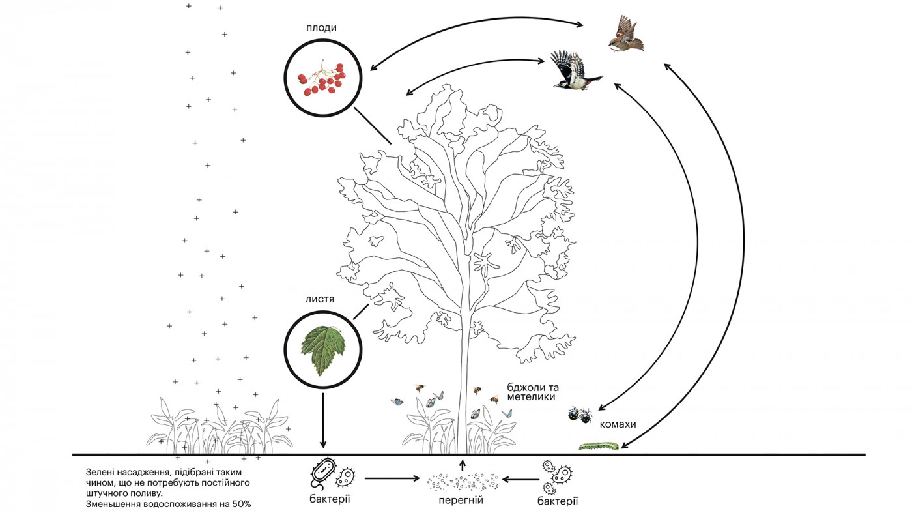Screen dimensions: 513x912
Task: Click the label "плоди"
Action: (322, 29)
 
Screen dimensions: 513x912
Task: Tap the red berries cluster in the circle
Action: (322, 79)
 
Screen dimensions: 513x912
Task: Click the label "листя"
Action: (320, 299)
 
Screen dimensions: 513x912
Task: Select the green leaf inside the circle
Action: (322, 349)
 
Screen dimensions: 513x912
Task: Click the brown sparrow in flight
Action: (626, 35)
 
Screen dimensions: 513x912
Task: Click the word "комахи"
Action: (618, 424)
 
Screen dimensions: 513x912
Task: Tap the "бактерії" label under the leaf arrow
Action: (330, 499)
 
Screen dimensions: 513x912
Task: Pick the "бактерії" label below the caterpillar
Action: (558, 501)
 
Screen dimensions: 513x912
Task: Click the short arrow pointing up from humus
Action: (463, 465)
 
